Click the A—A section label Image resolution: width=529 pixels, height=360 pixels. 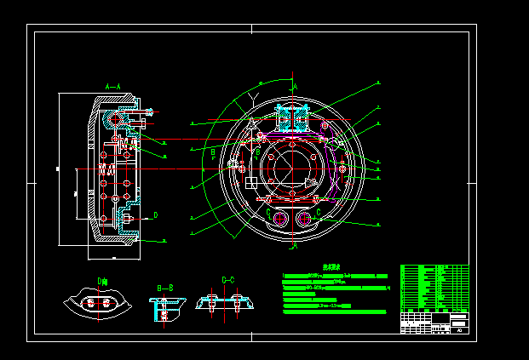pos(113,87)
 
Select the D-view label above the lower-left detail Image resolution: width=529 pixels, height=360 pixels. pos(102,281)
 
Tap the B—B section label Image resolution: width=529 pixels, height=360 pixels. pos(164,288)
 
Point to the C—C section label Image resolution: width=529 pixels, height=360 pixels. pos(228,280)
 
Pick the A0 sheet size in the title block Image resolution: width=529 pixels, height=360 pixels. pos(459,329)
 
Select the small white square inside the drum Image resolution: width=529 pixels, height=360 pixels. pos(251,181)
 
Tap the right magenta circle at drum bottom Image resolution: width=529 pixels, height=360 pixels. pos(304,219)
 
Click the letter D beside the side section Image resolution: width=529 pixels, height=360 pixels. pos(156,215)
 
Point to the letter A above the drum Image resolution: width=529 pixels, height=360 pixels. pos(295,87)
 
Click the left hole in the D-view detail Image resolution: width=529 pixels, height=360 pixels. pos(88,303)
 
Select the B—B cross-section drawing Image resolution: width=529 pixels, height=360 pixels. pos(164,308)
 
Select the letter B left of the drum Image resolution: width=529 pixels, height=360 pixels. pos(213,152)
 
